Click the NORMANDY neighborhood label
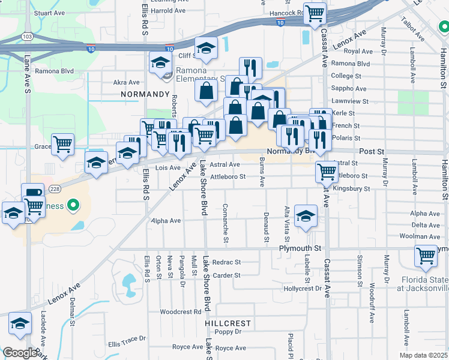(x=145, y=94)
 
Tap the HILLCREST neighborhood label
(x=227, y=323)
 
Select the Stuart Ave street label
(x=49, y=12)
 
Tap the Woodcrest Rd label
(x=181, y=312)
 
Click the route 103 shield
(x=26, y=36)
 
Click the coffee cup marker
(x=32, y=194)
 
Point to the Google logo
(x=20, y=353)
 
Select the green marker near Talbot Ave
(x=443, y=26)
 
